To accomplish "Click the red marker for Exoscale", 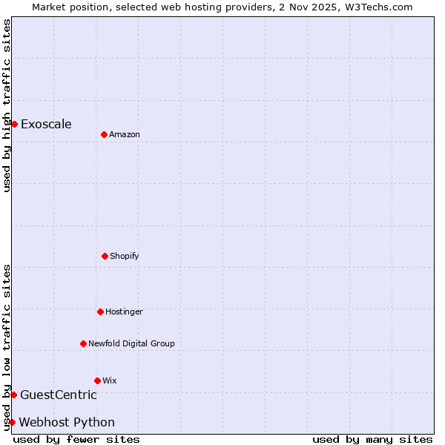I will [14, 124].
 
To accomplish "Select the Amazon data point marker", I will [104, 134].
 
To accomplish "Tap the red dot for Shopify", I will [105, 256].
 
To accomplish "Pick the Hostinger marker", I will [100, 311].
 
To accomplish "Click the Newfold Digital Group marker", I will [83, 343].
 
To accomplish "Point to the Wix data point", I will [97, 380].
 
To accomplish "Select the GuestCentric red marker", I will [13, 395].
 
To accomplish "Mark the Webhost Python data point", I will [12, 422].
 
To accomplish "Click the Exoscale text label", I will [46, 124].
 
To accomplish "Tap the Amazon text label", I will [125, 134].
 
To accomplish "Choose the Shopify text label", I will [125, 256].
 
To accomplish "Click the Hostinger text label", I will [124, 311].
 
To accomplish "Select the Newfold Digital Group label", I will [131, 343].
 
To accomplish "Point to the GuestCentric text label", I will [58, 395].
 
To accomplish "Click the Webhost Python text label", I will [67, 422].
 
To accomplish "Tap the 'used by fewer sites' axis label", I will [76, 439].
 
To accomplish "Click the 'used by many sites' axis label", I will [372, 439].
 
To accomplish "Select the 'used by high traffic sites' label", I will [7, 105].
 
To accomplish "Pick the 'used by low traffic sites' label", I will [7, 347].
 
